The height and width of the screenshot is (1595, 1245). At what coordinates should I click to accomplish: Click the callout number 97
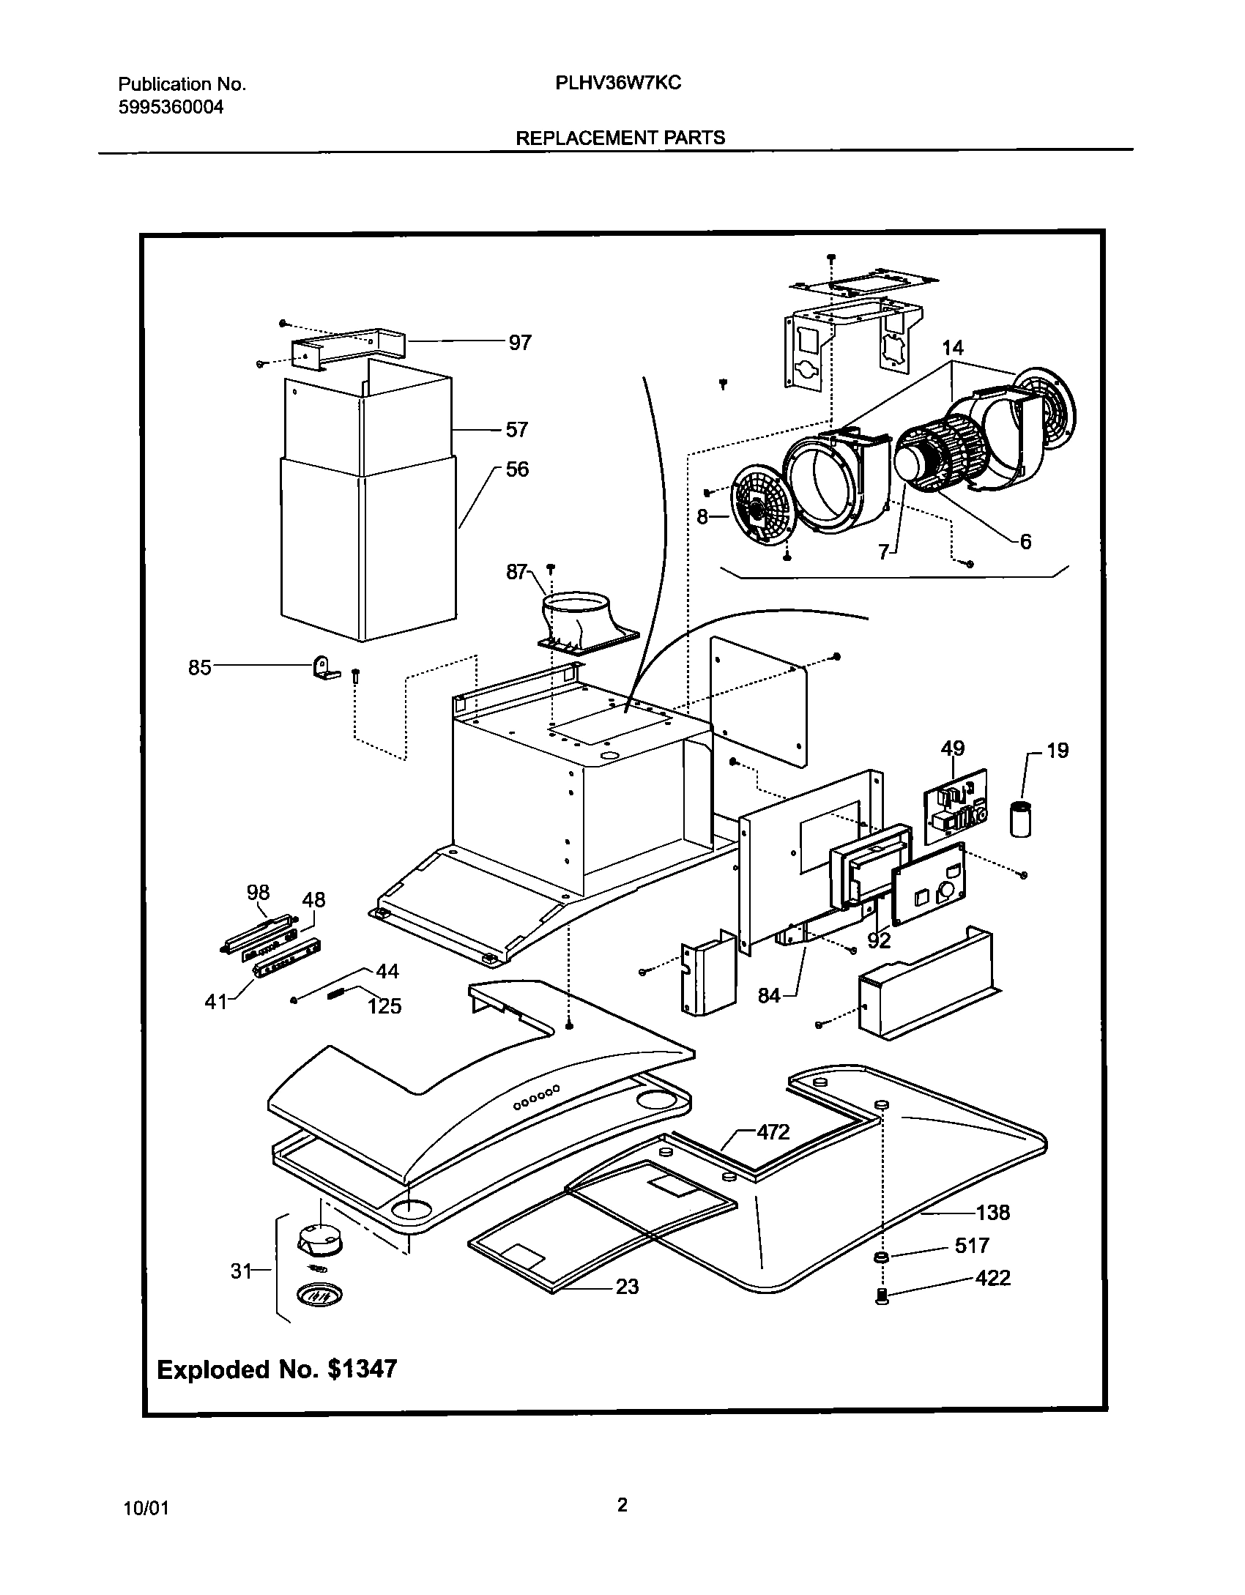coord(520,343)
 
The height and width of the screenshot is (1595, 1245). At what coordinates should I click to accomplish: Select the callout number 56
coord(517,469)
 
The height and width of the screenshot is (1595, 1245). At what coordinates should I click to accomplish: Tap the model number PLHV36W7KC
coord(618,83)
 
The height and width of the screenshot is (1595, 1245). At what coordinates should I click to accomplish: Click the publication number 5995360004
coord(171,108)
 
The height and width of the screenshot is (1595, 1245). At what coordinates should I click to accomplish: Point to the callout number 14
coord(953,347)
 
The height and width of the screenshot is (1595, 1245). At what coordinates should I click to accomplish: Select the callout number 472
coord(773,1132)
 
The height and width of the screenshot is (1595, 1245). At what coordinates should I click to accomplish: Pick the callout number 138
coord(992,1213)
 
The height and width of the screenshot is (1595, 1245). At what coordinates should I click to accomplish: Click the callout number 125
coord(384,1005)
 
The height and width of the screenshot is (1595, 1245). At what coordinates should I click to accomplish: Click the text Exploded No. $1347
coord(277,1369)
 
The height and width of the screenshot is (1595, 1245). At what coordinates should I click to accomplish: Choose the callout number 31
coord(242,1271)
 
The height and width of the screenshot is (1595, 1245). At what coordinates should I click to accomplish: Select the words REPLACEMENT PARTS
coord(620,138)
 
